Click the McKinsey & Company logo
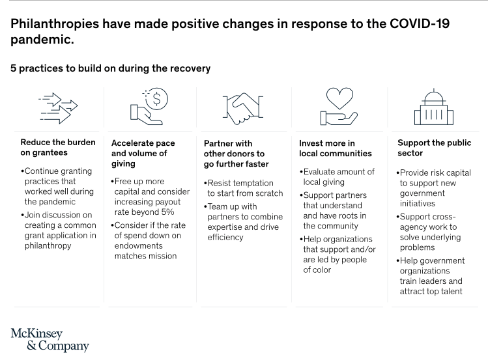[50, 340]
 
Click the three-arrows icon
[58, 108]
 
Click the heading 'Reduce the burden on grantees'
[58, 147]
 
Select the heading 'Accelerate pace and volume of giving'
[143, 153]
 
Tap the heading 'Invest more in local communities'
[335, 148]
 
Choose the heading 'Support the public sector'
[434, 148]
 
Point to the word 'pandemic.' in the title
[42, 40]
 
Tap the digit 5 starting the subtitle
[14, 68]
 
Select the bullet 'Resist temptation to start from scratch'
[244, 188]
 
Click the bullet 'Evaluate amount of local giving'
[337, 176]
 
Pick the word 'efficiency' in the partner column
[225, 237]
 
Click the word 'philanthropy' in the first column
[48, 246]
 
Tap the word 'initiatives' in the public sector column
[418, 204]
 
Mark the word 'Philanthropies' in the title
[55, 24]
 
